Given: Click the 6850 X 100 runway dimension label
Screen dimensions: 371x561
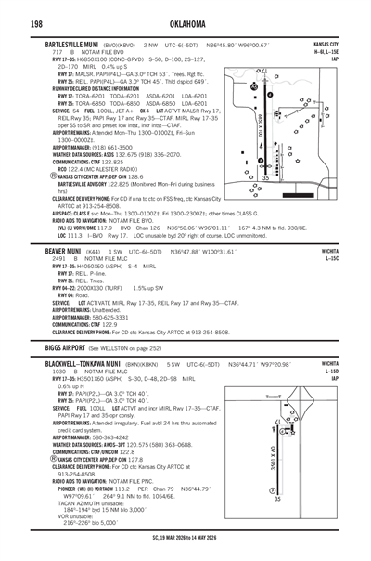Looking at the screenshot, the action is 262,122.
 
